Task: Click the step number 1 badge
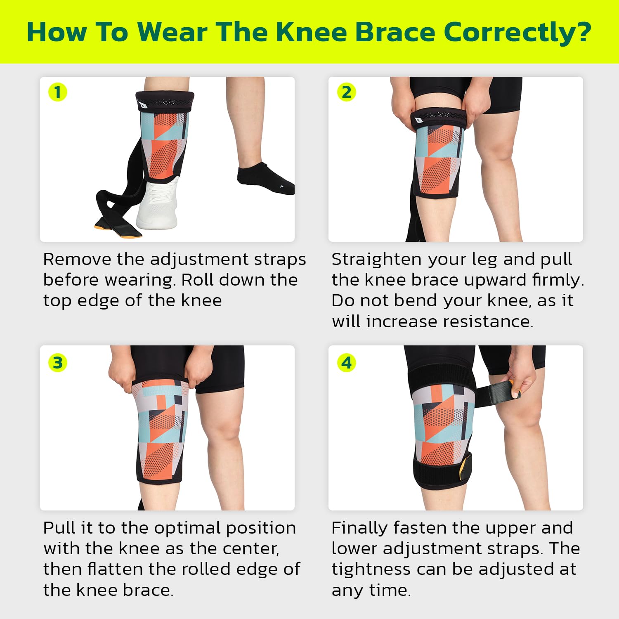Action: click(58, 92)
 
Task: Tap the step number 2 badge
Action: click(347, 92)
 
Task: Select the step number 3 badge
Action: click(58, 363)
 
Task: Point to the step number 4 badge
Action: click(347, 363)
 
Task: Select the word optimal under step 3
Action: click(187, 529)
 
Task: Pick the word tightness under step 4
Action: click(371, 570)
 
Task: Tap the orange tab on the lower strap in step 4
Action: click(465, 465)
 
